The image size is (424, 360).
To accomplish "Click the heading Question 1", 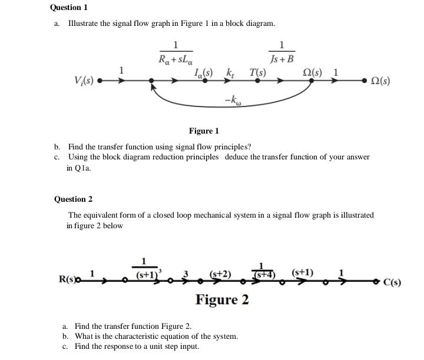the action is (x=69, y=8).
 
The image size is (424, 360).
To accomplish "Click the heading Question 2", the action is (x=73, y=199).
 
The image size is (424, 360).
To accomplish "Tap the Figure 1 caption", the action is (x=204, y=131).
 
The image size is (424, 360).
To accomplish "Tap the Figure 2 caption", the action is (x=222, y=300).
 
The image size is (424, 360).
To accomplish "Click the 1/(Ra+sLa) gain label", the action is (x=175, y=52).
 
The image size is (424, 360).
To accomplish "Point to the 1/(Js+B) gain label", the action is (x=281, y=52).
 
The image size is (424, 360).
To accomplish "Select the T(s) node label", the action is (x=257, y=73).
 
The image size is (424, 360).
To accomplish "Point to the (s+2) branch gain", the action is (x=220, y=274).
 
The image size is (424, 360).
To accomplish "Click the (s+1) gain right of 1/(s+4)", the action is (x=302, y=272).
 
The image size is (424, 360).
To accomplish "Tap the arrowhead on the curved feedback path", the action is (x=154, y=86).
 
